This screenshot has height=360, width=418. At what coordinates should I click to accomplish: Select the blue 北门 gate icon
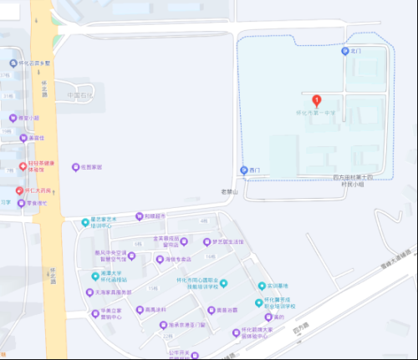pos(344,52)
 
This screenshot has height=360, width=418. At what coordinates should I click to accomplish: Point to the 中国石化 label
pos(81,94)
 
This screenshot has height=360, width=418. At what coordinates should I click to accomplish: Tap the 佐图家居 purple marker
pos(74,167)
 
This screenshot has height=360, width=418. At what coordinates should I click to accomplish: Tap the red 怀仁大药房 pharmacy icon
pos(18,191)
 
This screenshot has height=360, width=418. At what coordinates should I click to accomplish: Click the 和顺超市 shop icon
pos(140,215)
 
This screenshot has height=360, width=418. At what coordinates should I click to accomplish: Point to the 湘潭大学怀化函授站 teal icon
pos(94,276)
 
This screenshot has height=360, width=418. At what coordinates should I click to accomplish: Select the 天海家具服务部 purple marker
pos(89,292)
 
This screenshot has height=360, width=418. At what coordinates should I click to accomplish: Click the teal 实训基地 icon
pos(261,286)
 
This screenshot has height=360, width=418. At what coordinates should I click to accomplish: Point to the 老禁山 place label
pos(230,193)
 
